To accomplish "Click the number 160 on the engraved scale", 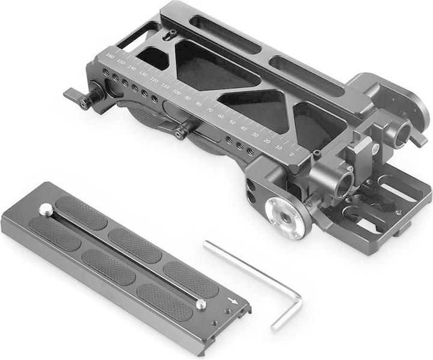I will (109, 56).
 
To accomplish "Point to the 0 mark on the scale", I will (291, 153).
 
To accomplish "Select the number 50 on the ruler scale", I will (233, 121).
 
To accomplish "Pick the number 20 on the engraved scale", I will (267, 140).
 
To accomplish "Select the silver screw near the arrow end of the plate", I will (201, 304).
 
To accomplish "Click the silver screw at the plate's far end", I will (45, 209).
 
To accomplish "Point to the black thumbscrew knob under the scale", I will (184, 128).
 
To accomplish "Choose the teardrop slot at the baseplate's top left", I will (170, 35).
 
